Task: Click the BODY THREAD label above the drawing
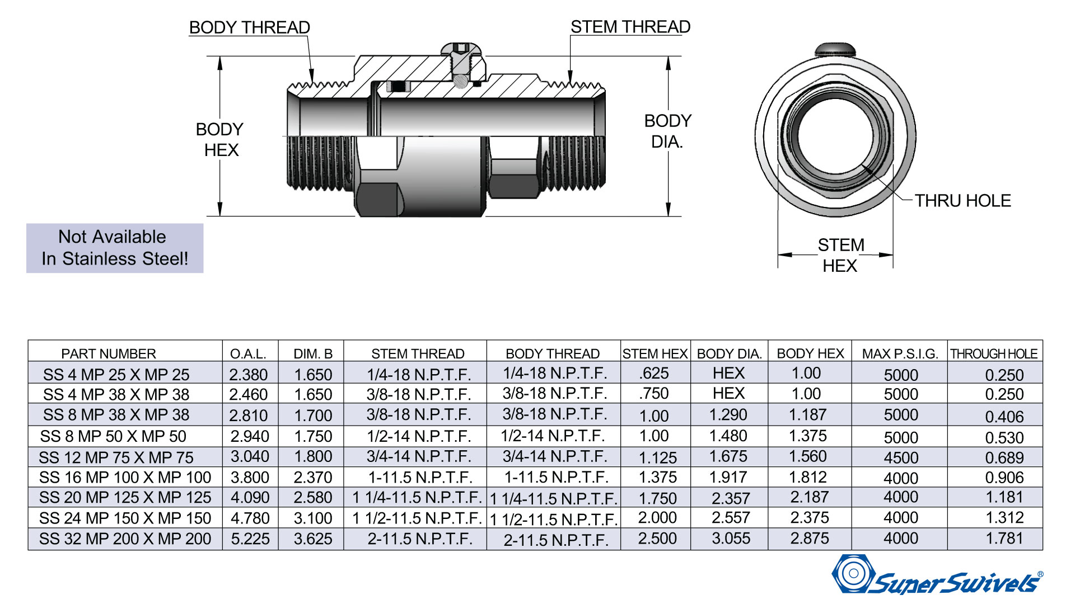[250, 27]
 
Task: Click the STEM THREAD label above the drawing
[630, 27]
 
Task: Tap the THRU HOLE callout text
[963, 201]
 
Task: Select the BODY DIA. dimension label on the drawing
[667, 131]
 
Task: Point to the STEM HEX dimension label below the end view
[840, 255]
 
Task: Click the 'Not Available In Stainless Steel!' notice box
[115, 248]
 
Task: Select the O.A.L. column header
[248, 354]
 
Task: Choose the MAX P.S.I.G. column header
[900, 354]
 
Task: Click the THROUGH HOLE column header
[994, 354]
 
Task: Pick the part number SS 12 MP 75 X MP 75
[116, 457]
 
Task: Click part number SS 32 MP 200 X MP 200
[125, 539]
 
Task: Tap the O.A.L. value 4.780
[250, 518]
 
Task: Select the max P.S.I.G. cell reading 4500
[901, 458]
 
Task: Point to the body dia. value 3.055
[731, 539]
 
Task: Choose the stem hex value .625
[654, 373]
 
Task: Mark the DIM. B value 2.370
[313, 478]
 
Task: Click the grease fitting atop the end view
[835, 50]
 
